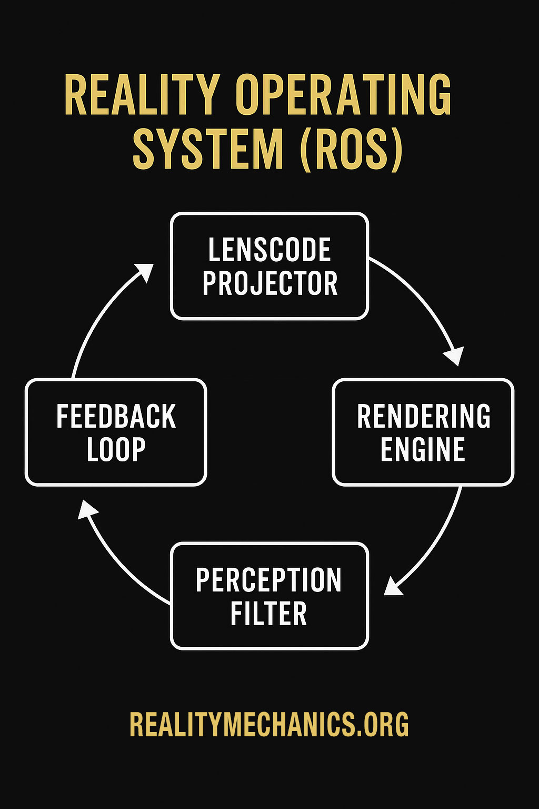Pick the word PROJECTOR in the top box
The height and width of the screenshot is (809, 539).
click(x=269, y=283)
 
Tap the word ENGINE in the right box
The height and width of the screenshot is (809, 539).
click(x=423, y=450)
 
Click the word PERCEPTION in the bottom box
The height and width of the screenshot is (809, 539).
click(x=268, y=580)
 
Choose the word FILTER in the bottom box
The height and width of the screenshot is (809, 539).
click(x=268, y=614)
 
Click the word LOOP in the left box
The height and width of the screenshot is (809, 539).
click(x=116, y=450)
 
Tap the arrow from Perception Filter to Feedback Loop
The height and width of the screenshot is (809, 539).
click(x=118, y=558)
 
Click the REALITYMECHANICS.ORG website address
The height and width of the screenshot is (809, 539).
click(x=269, y=725)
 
